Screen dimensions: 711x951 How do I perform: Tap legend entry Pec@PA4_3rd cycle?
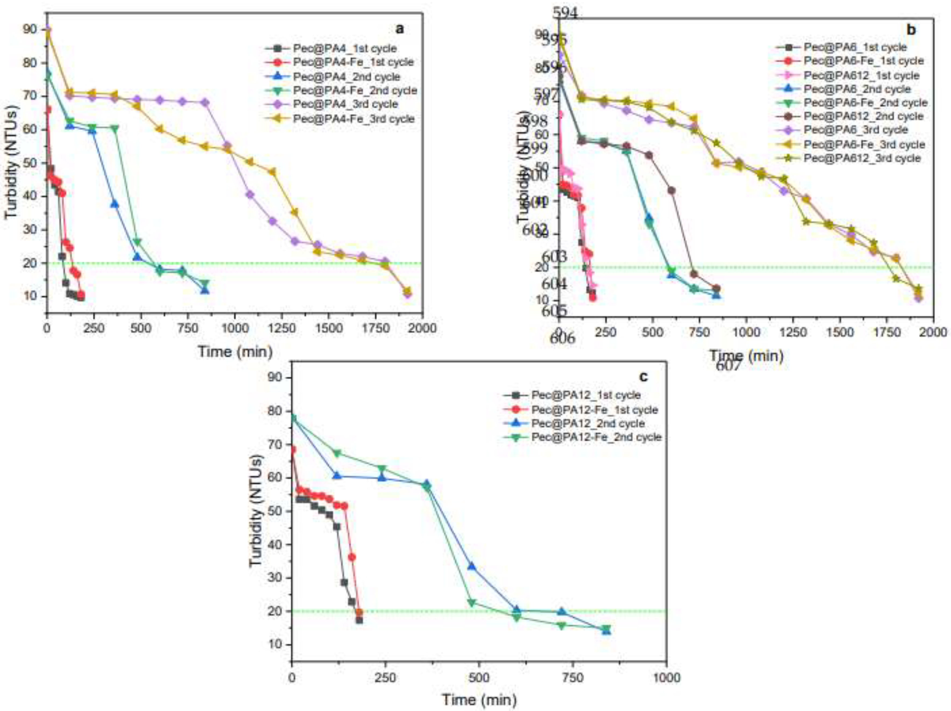pos(345,104)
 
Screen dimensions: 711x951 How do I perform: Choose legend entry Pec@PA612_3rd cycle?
pos(862,158)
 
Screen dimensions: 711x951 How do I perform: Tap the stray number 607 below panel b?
pos(728,366)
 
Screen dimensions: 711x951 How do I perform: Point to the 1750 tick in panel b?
pos(839,332)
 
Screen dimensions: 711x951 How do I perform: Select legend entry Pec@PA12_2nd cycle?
pos(588,424)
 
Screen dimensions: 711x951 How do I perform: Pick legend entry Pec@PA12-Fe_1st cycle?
pos(594,410)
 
